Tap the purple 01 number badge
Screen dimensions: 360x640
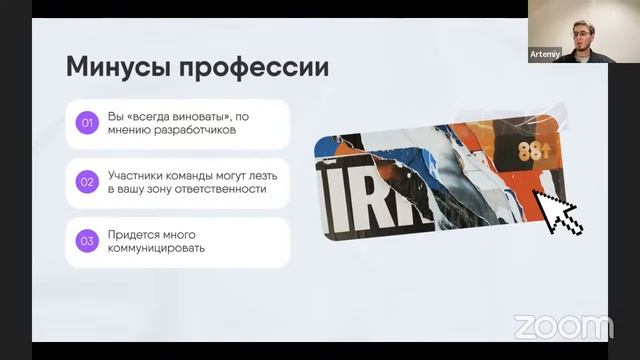pyautogui.click(x=87, y=124)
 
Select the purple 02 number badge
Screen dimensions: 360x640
pyautogui.click(x=87, y=182)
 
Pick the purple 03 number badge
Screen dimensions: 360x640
pyautogui.click(x=87, y=241)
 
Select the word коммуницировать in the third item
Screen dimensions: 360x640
pyautogui.click(x=157, y=248)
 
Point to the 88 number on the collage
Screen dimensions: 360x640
pyautogui.click(x=529, y=152)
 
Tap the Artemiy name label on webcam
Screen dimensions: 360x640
pyautogui.click(x=544, y=53)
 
